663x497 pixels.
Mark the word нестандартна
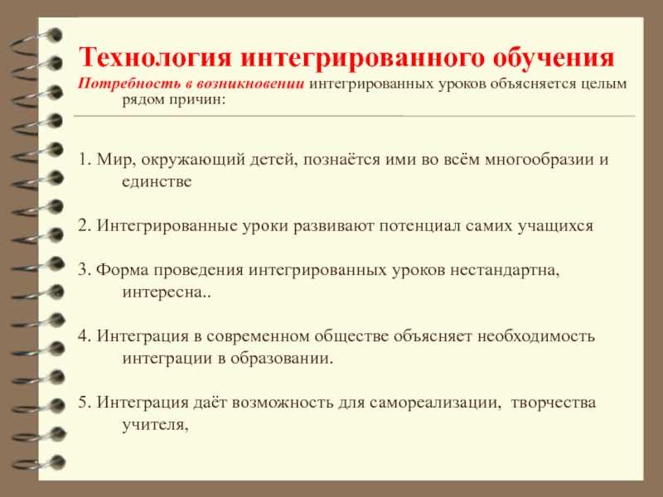[x=507, y=270]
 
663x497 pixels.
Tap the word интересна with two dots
[x=167, y=292]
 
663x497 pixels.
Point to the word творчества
[x=554, y=403]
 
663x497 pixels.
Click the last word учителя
[x=156, y=425]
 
